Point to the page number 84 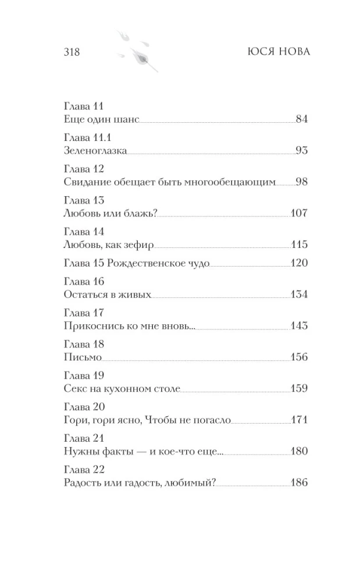[x=301, y=120]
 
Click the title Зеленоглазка [x=93, y=151]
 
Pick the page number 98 [x=301, y=182]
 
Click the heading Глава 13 [x=81, y=200]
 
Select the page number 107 [x=298, y=213]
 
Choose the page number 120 [x=298, y=263]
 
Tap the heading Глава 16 [x=81, y=282]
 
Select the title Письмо [x=81, y=357]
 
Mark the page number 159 [x=298, y=389]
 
